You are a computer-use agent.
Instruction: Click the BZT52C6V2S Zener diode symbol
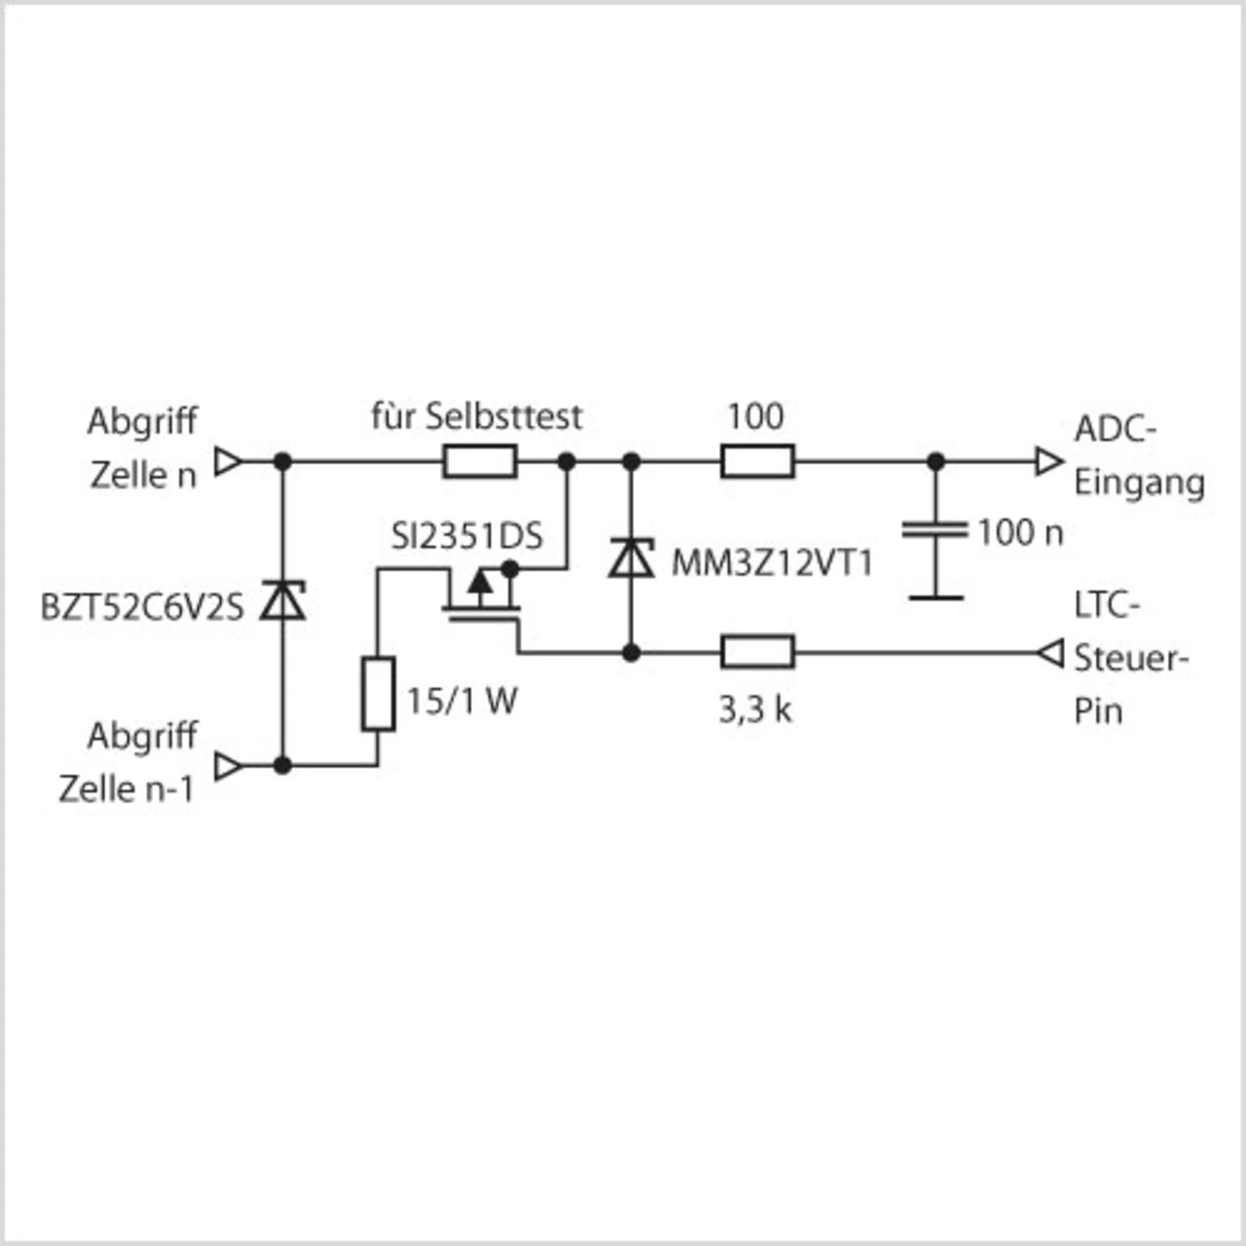282,601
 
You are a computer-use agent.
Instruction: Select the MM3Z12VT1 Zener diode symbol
631,558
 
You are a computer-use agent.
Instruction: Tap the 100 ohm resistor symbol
757,461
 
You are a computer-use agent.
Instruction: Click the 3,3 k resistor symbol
757,652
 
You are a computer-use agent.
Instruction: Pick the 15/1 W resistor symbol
378,694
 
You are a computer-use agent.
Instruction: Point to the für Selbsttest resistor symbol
480,461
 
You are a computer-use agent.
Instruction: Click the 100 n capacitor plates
935,531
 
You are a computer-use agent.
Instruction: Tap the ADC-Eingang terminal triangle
1048,461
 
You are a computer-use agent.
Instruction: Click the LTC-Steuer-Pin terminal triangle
1049,652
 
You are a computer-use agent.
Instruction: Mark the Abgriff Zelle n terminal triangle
228,461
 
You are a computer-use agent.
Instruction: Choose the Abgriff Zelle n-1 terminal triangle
228,766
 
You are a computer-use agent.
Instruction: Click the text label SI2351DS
467,536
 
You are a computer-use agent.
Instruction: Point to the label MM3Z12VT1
772,564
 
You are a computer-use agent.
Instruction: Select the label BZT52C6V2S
142,607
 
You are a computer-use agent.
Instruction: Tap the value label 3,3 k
755,710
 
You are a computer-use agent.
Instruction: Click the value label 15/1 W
461,701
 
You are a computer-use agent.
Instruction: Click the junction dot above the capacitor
935,461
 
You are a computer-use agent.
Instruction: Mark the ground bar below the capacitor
935,598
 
